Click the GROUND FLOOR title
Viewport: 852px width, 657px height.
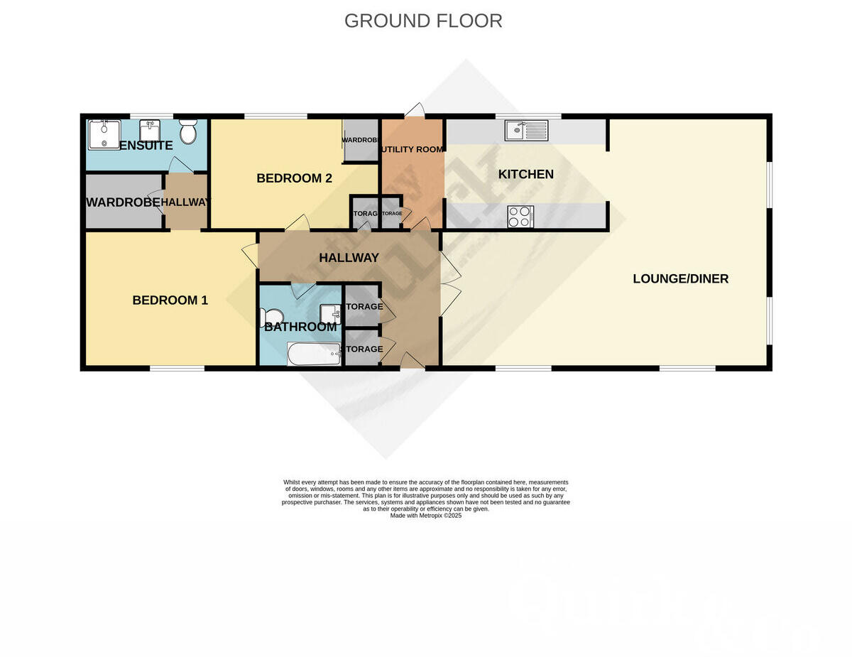point(423,21)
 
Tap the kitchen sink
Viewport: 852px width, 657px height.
point(526,131)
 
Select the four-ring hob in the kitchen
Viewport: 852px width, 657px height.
point(520,216)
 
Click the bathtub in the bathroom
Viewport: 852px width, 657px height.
point(314,354)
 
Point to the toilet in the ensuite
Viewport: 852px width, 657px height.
point(188,131)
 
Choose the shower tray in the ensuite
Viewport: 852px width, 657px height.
point(104,134)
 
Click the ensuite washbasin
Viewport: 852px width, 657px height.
point(150,131)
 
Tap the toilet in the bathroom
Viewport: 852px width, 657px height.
point(271,317)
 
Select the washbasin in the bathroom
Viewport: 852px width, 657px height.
point(330,313)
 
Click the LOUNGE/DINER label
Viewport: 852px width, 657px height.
point(680,278)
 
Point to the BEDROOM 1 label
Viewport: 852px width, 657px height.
point(170,300)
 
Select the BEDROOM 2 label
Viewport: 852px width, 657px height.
point(294,178)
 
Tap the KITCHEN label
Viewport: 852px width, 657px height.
point(525,174)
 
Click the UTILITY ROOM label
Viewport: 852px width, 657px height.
point(413,149)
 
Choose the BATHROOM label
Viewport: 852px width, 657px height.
point(300,327)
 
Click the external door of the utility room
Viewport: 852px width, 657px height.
point(415,110)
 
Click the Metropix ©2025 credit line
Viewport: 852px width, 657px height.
point(426,516)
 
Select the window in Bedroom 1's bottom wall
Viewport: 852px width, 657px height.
point(177,368)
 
